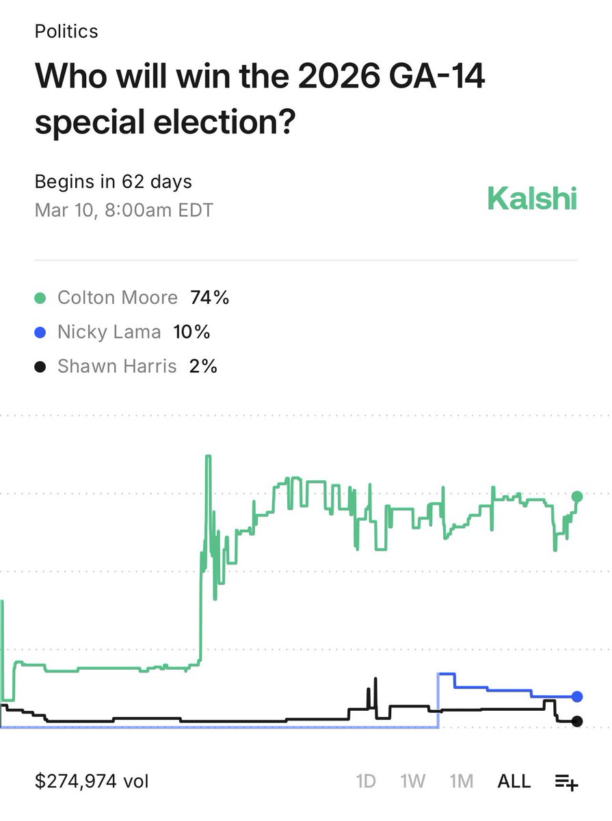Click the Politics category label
pyautogui.click(x=66, y=31)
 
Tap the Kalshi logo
pyautogui.click(x=532, y=199)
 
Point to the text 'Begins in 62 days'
pyautogui.click(x=114, y=182)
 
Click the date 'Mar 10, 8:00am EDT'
pyautogui.click(x=124, y=209)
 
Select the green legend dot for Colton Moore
pyautogui.click(x=40, y=298)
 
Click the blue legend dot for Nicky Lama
pyautogui.click(x=40, y=333)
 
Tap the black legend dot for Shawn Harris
pyautogui.click(x=40, y=367)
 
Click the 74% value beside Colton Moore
pyautogui.click(x=209, y=298)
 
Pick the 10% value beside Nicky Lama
pyautogui.click(x=191, y=333)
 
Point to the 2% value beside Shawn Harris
pyautogui.click(x=204, y=367)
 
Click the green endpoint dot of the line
pyautogui.click(x=577, y=497)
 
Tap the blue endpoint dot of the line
pyautogui.click(x=577, y=696)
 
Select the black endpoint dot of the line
pyautogui.click(x=577, y=721)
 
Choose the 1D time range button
pyautogui.click(x=366, y=781)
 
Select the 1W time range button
pyautogui.click(x=412, y=781)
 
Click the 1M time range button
pyautogui.click(x=462, y=781)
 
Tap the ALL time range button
pyautogui.click(x=514, y=781)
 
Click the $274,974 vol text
pyautogui.click(x=92, y=781)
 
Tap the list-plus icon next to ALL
pyautogui.click(x=566, y=781)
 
